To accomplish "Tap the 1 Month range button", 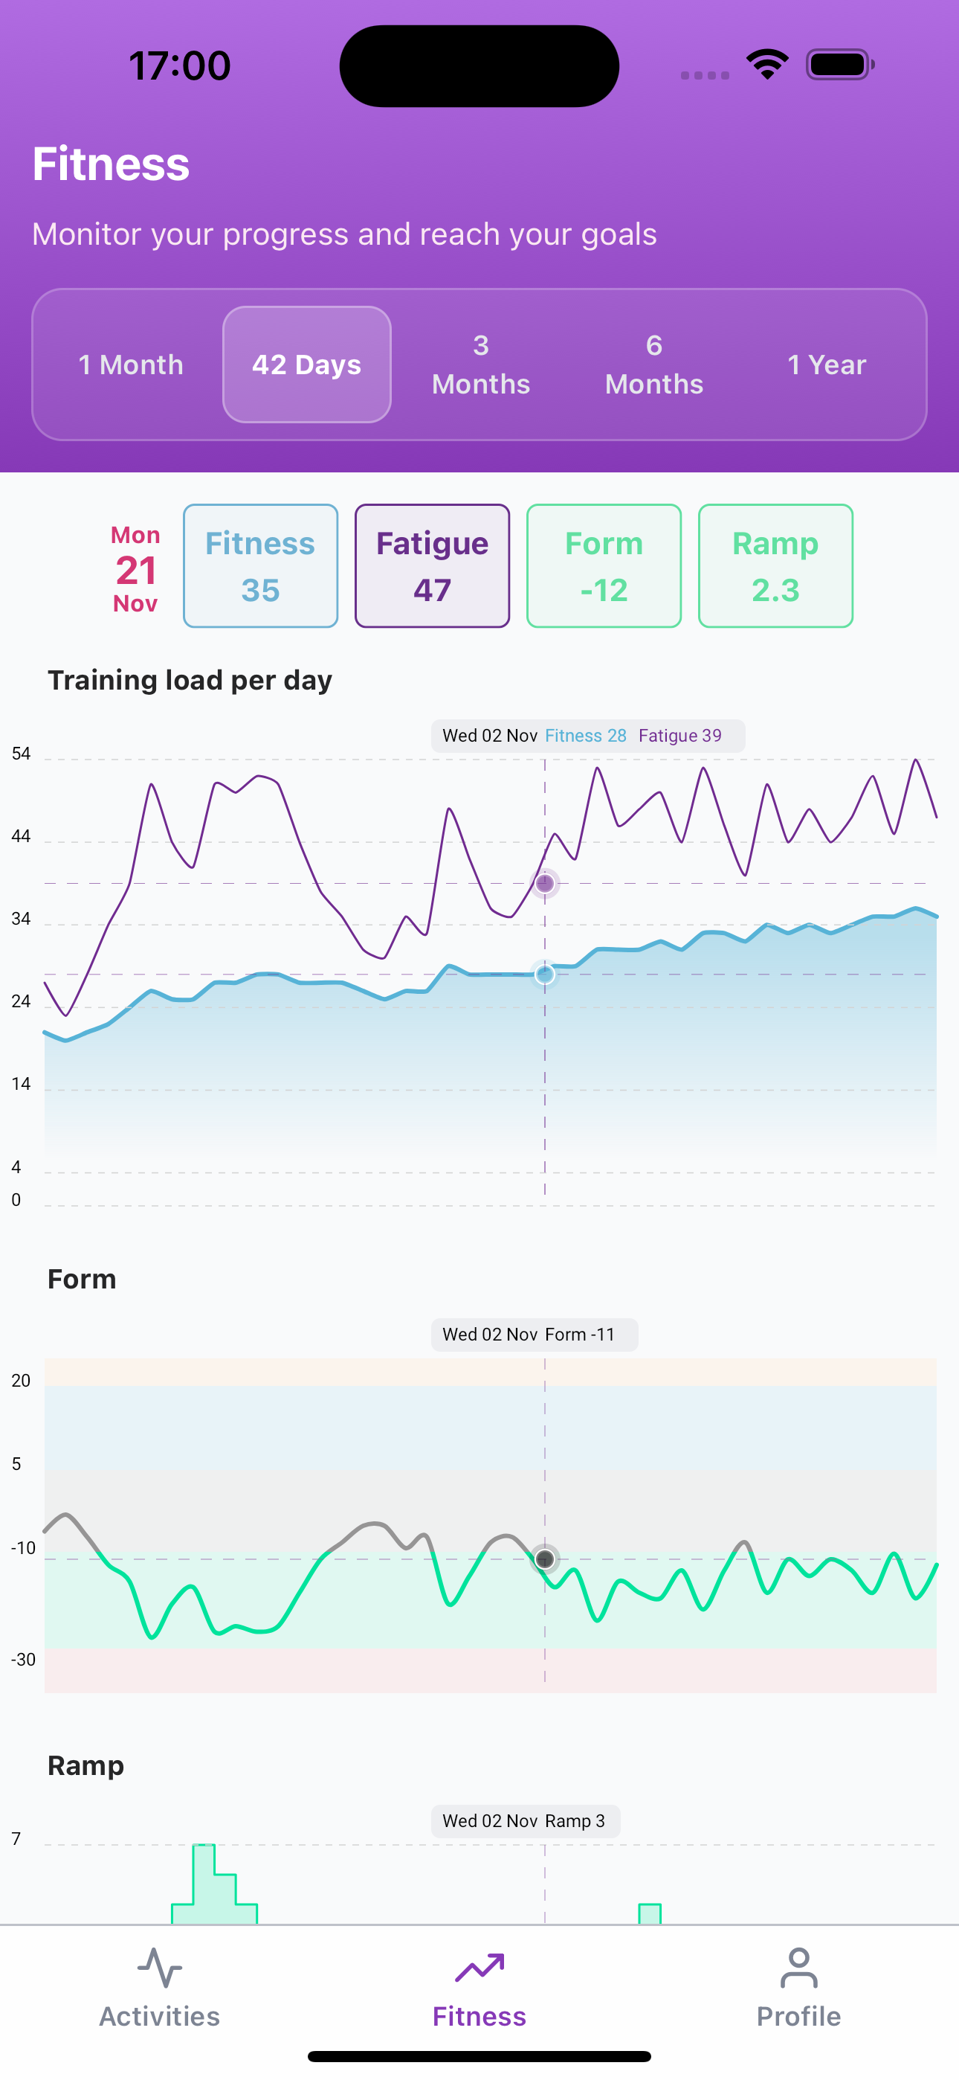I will (x=131, y=365).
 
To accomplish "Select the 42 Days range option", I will (x=307, y=365).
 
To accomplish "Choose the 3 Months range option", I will (x=480, y=365).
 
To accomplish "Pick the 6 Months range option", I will (x=654, y=365).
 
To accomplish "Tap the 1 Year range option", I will (x=827, y=365).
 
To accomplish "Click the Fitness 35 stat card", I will (x=260, y=566).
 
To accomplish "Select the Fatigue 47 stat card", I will (x=432, y=566).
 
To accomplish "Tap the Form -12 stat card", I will (x=604, y=566).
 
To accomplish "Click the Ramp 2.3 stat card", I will (x=775, y=566).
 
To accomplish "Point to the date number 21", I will (x=135, y=571).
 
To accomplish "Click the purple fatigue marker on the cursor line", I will (x=545, y=883).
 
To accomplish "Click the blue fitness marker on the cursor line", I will (x=545, y=975).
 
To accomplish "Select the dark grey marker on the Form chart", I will (x=545, y=1559).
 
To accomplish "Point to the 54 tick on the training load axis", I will (x=21, y=754).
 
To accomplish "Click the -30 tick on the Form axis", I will (x=22, y=1660).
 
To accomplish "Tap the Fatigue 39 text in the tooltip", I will (x=679, y=736).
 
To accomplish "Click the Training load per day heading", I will (x=190, y=681).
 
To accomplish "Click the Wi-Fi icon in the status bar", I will (x=767, y=65).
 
